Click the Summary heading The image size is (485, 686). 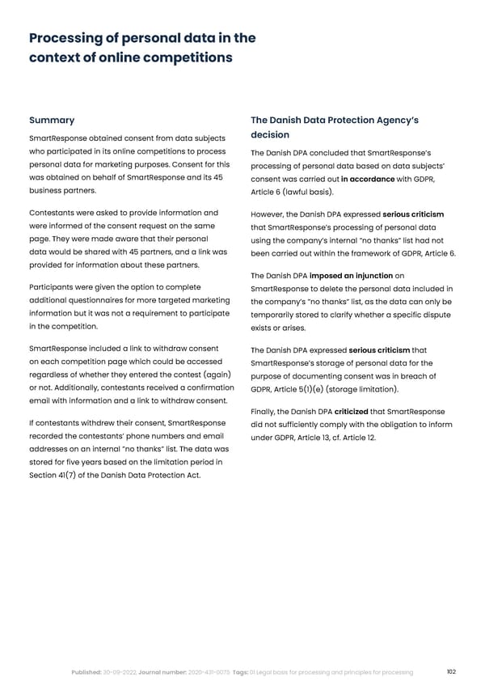[x=52, y=121]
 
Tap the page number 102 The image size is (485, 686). [x=451, y=671]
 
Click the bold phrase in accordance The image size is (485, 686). [x=368, y=179]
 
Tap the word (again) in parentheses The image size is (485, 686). [x=214, y=374]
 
